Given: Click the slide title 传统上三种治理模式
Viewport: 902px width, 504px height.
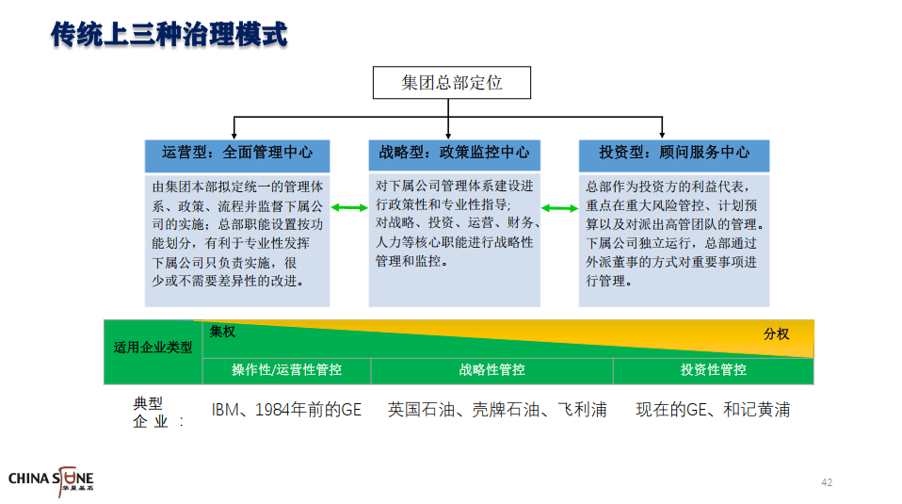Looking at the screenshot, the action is (169, 35).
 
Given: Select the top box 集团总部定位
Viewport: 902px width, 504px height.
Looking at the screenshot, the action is (452, 82).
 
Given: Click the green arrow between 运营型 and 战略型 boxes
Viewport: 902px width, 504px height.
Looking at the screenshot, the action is (349, 207).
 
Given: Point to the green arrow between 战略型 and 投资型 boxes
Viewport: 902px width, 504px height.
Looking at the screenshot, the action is (559, 208).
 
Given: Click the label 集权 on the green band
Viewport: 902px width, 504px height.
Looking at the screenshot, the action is (222, 332).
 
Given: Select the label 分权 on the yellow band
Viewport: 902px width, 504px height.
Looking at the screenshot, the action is (776, 333).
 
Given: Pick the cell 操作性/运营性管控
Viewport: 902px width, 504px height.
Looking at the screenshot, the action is (286, 370).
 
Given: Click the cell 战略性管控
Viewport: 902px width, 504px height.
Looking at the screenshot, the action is (491, 370).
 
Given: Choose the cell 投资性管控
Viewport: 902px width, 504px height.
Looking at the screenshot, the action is (714, 370).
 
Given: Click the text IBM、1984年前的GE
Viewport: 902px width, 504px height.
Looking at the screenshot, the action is (286, 410).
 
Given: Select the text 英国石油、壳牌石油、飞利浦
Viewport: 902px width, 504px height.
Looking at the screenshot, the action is (497, 410).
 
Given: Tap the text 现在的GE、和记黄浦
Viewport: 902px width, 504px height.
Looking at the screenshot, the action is (713, 410).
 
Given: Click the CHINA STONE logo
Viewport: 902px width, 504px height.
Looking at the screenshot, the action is (51, 480).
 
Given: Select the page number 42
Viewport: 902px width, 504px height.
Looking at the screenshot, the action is (827, 482).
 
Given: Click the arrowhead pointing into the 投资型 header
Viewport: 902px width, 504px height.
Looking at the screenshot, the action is (662, 136).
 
